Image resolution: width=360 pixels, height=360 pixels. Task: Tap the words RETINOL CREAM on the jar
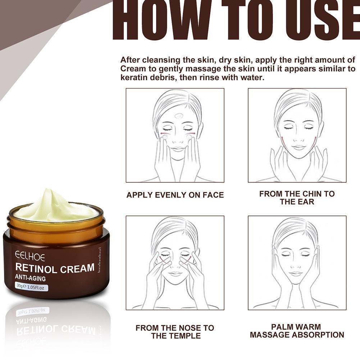tap(55, 268)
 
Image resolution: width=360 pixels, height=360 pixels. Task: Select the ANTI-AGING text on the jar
tap(30, 278)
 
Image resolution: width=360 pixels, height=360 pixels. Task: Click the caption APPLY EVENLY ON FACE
tap(175, 195)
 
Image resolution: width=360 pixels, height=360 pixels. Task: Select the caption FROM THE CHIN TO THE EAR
tap(297, 198)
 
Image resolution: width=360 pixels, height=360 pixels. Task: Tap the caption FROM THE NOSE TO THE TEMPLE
tap(175, 332)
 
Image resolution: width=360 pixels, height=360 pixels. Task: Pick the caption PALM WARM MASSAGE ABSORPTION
tap(297, 331)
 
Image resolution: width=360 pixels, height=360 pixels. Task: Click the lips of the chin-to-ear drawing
tap(299, 147)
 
